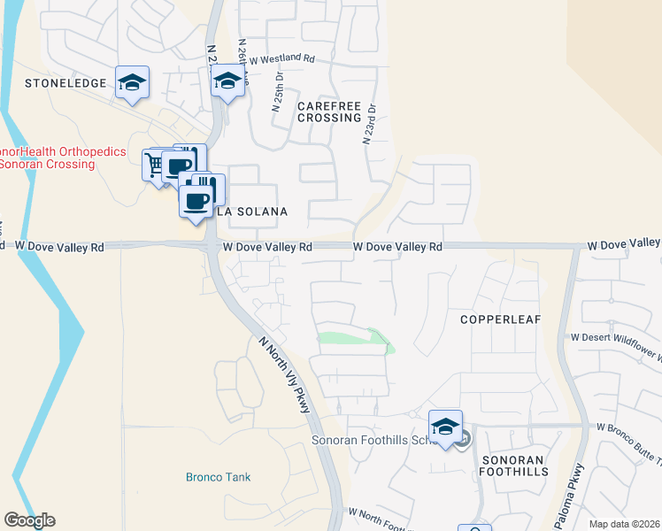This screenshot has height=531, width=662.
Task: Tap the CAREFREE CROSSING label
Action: [329, 112]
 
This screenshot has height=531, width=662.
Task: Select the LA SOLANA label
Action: [252, 212]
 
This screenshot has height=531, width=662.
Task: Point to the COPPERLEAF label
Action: [500, 319]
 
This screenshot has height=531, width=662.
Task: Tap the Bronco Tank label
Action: [218, 477]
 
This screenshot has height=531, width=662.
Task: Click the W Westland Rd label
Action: [281, 59]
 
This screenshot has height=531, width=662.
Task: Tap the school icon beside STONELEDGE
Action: [132, 82]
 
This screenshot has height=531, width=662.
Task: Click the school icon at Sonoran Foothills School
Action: [445, 426]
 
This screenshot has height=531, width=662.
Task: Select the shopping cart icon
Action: [154, 165]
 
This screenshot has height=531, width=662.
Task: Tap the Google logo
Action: [29, 520]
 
